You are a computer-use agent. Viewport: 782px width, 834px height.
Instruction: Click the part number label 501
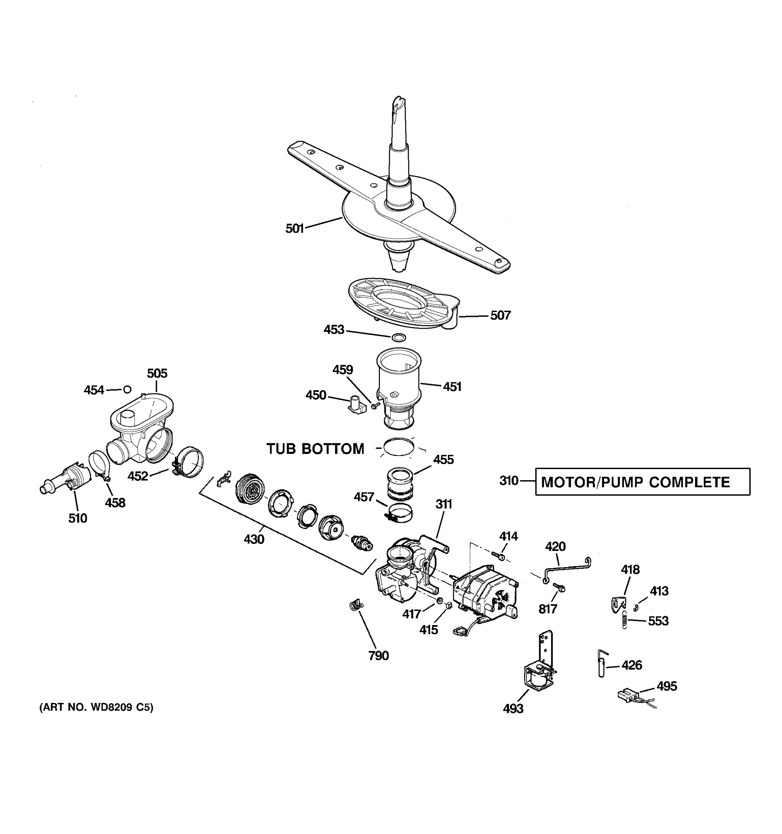click(x=294, y=228)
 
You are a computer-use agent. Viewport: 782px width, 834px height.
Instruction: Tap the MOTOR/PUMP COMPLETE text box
click(x=642, y=482)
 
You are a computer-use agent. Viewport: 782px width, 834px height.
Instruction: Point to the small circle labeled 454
click(x=127, y=389)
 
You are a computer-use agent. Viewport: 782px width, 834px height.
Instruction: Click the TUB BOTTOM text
click(x=316, y=449)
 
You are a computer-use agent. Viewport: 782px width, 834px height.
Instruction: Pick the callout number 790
click(x=378, y=655)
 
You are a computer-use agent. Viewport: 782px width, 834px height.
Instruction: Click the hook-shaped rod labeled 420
click(x=567, y=569)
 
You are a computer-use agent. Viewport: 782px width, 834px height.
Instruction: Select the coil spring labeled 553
click(x=625, y=620)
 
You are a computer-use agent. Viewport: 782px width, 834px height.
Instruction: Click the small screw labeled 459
click(x=375, y=405)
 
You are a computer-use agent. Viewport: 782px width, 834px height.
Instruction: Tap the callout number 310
click(x=509, y=481)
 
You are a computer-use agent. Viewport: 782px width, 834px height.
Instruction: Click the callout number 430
click(x=254, y=539)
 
